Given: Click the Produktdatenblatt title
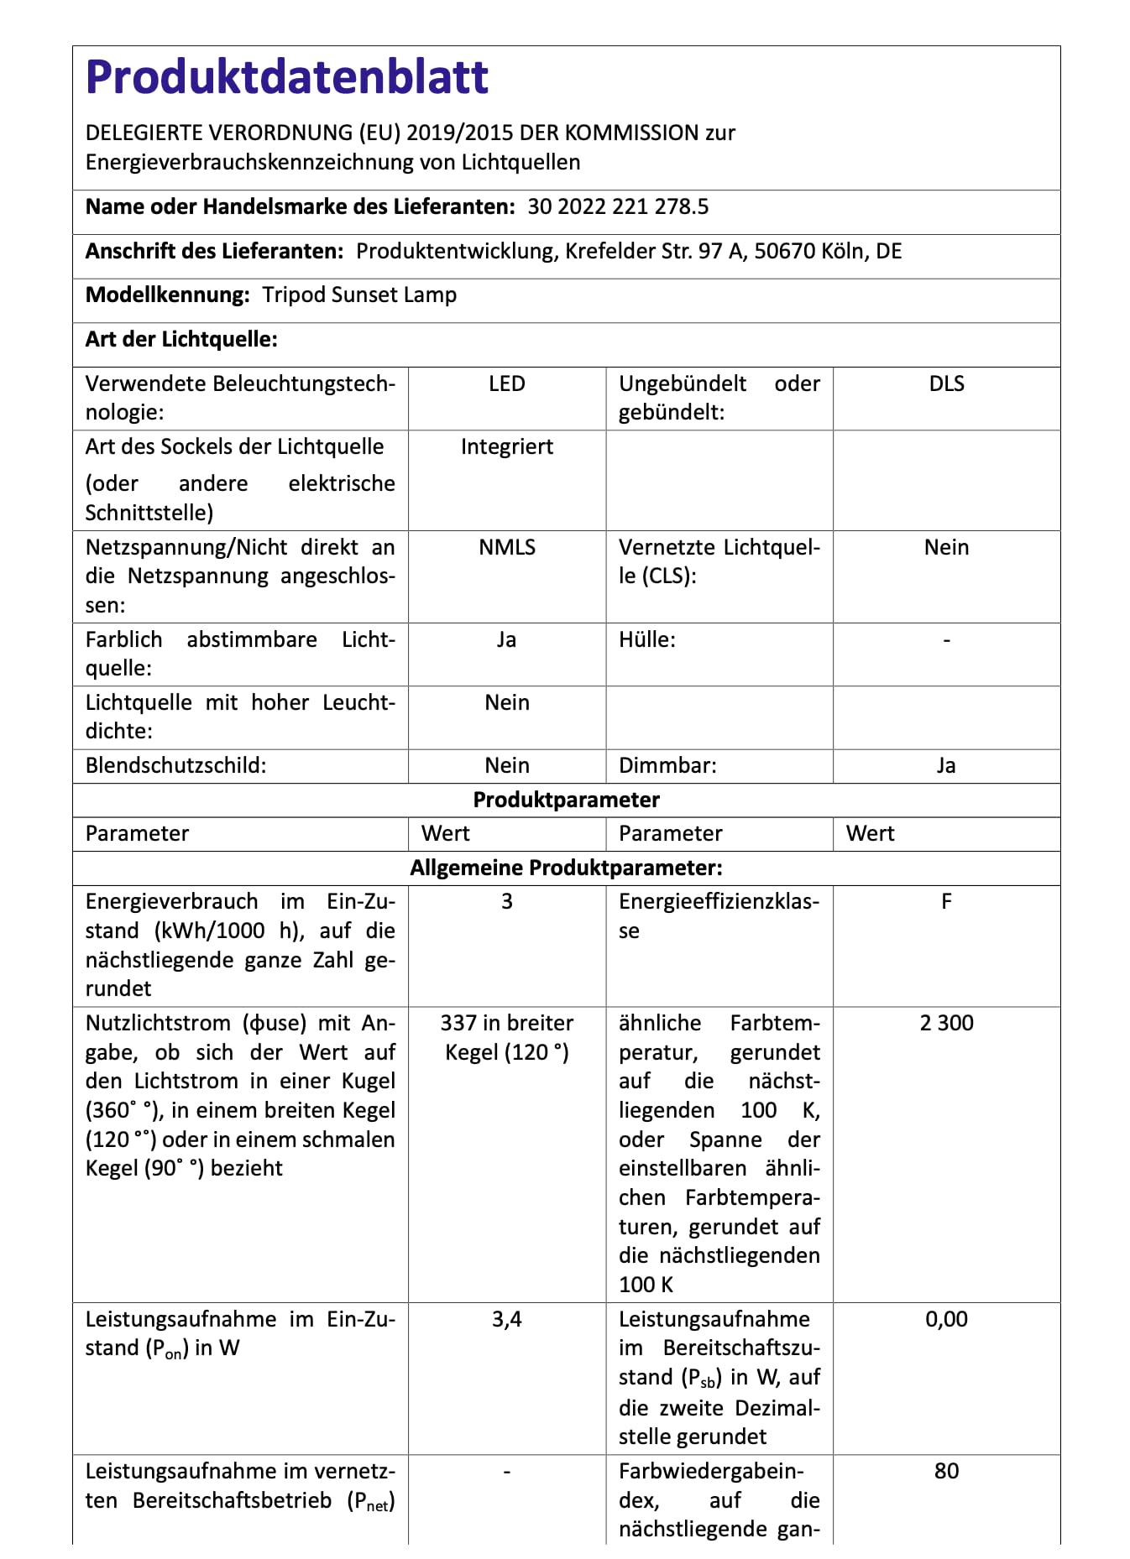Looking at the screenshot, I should point(287,77).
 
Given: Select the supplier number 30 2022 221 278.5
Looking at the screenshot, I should point(618,206).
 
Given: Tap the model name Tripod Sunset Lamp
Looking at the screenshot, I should point(359,295).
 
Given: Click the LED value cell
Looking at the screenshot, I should point(507,383).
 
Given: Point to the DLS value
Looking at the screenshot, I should point(946,383).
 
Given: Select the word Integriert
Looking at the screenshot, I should point(507,446).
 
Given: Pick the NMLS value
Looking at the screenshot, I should point(507,547).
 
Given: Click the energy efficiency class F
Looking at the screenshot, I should point(946,901).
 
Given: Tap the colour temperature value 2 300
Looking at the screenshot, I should point(946,1023).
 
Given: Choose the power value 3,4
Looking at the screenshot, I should point(507,1319).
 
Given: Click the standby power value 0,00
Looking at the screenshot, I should point(946,1319).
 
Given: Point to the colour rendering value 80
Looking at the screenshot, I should point(946,1471).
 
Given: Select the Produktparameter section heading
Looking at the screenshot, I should point(566,800).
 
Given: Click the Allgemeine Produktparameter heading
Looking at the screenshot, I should point(566,868).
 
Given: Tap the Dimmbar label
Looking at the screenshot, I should point(668,765).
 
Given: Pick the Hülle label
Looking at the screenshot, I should point(647,639).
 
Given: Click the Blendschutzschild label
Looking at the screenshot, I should point(175,765).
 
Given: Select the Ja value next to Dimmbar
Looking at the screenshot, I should point(946,765).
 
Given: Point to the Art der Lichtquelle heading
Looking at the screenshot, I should point(181,339).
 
